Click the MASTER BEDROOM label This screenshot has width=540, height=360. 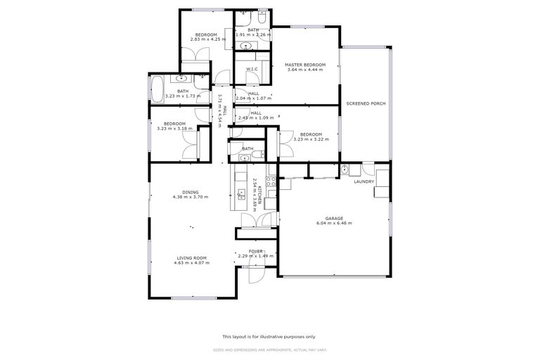(304, 65)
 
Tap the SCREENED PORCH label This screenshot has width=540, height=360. (366, 104)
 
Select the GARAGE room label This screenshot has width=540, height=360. (333, 218)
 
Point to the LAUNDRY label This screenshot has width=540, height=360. (364, 181)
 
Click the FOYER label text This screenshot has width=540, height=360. (255, 251)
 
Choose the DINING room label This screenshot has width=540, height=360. (191, 192)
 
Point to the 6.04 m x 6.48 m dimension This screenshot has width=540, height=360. (333, 223)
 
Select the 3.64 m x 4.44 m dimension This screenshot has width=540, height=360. (304, 70)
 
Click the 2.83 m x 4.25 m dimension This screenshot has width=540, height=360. (206, 39)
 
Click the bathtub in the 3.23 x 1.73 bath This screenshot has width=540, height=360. (155, 89)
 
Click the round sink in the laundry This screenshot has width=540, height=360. (345, 169)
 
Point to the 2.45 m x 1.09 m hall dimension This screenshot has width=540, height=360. (255, 117)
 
